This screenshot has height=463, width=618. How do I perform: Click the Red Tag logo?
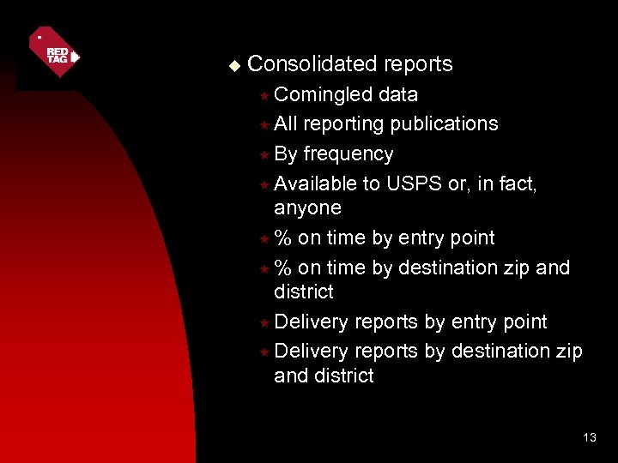click(54, 52)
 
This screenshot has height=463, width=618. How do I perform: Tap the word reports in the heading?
click(418, 64)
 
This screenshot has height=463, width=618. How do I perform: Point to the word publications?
click(444, 123)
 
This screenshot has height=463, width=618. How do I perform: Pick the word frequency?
click(348, 153)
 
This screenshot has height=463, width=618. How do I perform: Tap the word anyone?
click(307, 207)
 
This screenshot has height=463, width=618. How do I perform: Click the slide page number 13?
click(589, 438)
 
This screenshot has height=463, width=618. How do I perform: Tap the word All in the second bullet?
click(286, 123)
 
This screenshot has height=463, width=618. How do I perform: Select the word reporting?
click(343, 124)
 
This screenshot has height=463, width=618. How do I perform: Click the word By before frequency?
click(286, 153)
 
